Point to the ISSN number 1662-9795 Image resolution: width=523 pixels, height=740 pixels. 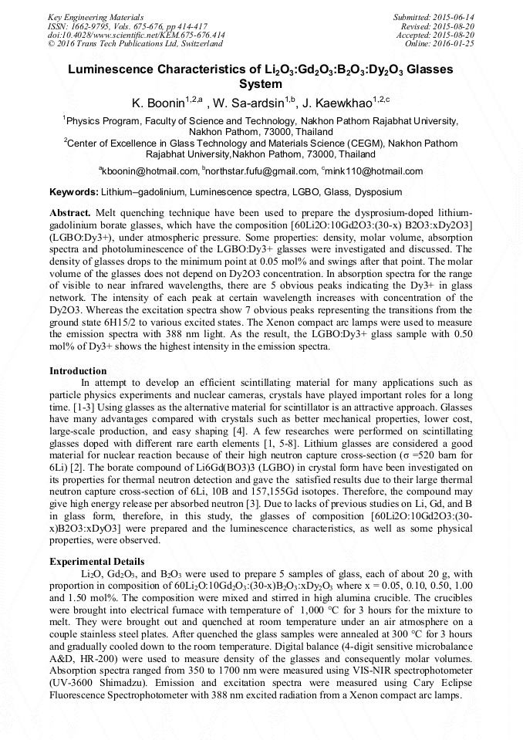pos(93,25)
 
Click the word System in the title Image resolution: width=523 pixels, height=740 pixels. pos(261,83)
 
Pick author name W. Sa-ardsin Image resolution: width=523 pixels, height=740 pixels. pos(248,103)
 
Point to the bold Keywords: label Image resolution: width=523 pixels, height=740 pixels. pos(73,191)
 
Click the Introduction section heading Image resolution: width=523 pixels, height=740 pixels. pos(78,370)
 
